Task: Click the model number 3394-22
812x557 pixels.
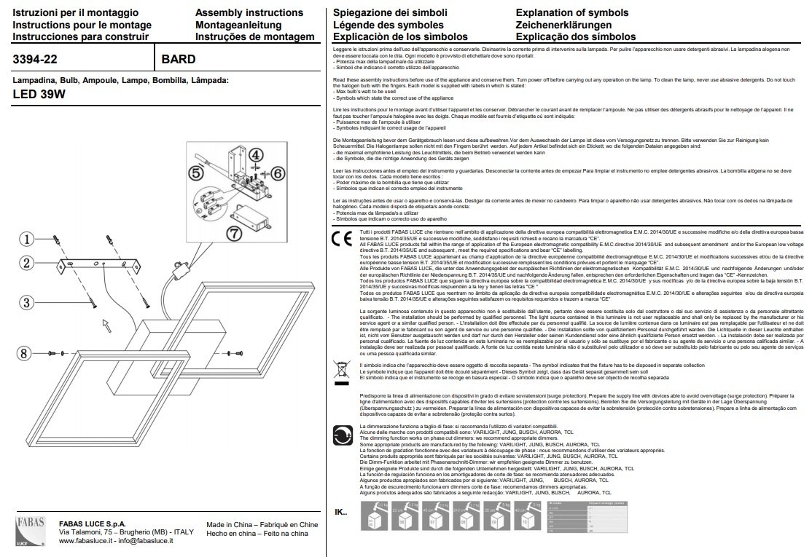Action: click(36, 59)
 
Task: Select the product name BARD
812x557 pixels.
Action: click(178, 59)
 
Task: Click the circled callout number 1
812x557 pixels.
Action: click(26, 239)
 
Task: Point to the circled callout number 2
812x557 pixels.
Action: click(26, 263)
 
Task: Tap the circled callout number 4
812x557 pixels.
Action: click(255, 154)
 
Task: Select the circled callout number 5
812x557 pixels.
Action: click(195, 173)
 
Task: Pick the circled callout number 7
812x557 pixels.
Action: click(233, 234)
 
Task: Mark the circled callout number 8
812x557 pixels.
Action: click(26, 353)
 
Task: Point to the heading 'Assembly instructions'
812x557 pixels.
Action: click(249, 12)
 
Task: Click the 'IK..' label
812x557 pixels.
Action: click(341, 512)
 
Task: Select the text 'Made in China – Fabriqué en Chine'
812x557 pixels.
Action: click(262, 524)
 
